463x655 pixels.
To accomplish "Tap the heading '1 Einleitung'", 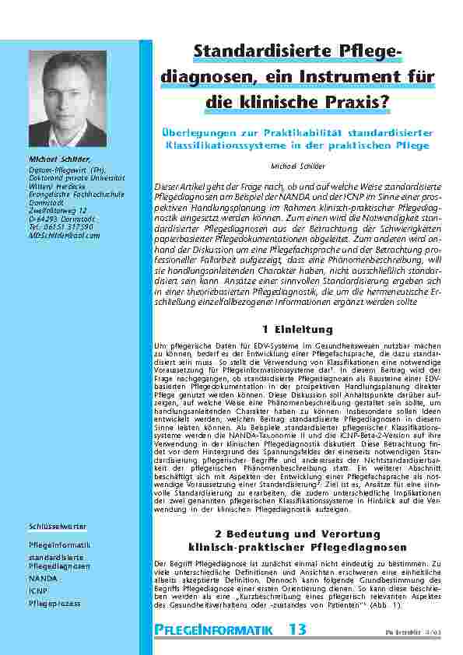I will pos(299,330).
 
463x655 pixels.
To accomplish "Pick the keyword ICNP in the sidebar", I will pos(38,591).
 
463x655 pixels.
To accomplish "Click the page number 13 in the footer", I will pos(298,629).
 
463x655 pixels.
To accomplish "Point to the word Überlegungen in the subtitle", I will pos(195,134).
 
